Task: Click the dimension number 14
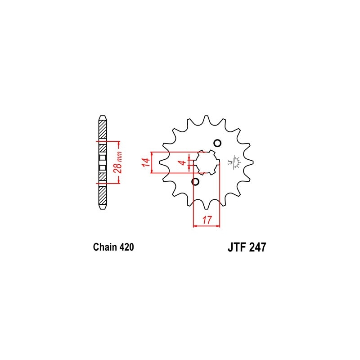point(145,162)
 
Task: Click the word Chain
point(104,247)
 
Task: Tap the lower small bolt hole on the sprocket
point(195,182)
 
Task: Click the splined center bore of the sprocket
point(207,162)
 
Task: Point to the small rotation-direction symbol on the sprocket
point(235,162)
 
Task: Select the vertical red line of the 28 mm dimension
point(118,162)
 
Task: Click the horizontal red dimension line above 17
point(206,225)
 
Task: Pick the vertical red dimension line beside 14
point(153,162)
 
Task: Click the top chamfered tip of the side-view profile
point(103,118)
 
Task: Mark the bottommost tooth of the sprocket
point(207,207)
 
